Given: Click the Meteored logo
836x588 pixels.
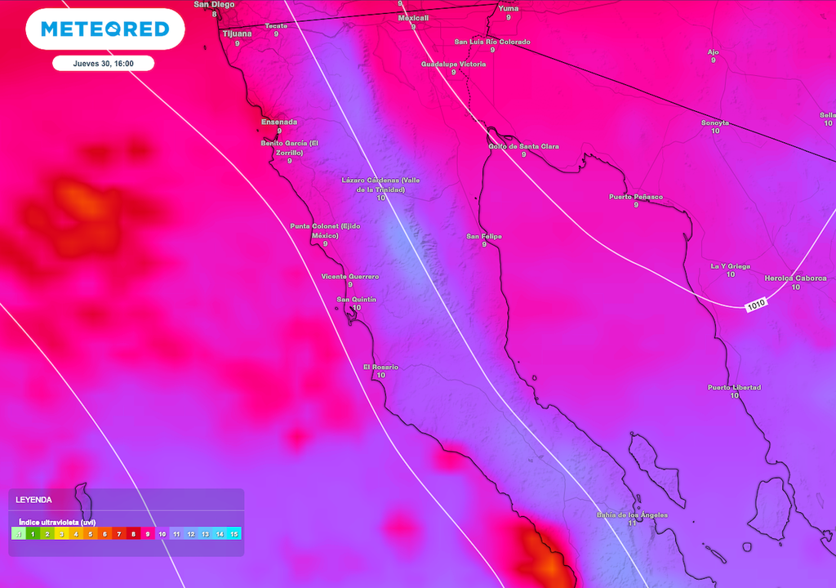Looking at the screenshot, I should point(104,29).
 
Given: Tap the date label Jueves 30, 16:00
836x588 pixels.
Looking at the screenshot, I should point(104,63).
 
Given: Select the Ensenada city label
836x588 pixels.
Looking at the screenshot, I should point(279,122).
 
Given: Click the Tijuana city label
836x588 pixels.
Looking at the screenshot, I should point(238,33).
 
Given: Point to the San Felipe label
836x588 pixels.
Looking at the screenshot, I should point(484,236).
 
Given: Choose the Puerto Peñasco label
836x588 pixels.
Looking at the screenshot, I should point(636,197).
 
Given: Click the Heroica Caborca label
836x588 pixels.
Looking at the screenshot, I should point(796,278).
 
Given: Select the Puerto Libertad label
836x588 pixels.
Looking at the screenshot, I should point(734,387).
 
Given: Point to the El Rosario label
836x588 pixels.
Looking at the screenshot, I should point(380,367).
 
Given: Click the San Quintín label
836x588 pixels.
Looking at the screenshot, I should point(357,300).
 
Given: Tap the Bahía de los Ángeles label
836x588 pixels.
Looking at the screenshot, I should point(632,514).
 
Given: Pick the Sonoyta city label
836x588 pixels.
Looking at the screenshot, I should point(715,122).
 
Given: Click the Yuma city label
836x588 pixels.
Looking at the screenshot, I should point(508,8).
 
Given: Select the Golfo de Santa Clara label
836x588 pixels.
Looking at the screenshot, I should point(523,146).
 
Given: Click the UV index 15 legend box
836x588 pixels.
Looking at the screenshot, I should point(234,534).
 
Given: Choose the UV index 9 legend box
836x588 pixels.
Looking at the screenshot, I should point(148,534).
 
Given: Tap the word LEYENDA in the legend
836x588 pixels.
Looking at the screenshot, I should point(33,499).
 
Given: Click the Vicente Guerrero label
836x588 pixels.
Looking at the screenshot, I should point(350,276).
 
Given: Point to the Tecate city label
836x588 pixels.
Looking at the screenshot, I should point(276,25).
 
